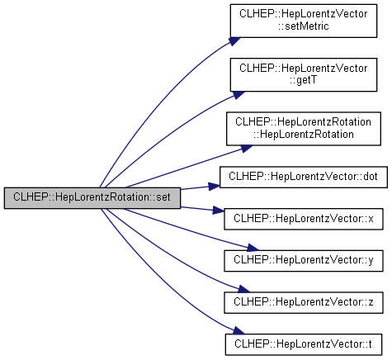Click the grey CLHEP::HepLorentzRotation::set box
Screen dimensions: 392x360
pyautogui.click(x=92, y=198)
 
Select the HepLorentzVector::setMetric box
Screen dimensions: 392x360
pyautogui.click(x=304, y=21)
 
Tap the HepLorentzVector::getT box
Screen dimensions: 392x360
pyautogui.click(x=304, y=74)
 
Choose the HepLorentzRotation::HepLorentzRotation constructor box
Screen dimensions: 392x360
pyautogui.click(x=304, y=129)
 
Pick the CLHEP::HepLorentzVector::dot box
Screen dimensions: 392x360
pyautogui.click(x=304, y=177)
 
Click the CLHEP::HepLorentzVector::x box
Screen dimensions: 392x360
pyautogui.click(x=304, y=219)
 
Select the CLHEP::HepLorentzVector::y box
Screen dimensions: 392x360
pyautogui.click(x=304, y=261)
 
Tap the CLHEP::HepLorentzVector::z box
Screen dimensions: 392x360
pyautogui.click(x=304, y=302)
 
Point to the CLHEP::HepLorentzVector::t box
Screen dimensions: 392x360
pyautogui.click(x=304, y=344)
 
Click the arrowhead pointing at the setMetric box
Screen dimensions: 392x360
pyautogui.click(x=234, y=41)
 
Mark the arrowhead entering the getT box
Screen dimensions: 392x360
pyautogui.click(x=239, y=95)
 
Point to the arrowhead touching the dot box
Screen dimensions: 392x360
pyautogui.click(x=214, y=187)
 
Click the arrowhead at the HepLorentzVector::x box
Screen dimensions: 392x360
pyautogui.click(x=219, y=211)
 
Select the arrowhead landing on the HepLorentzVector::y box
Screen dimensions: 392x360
pyautogui.click(x=253, y=248)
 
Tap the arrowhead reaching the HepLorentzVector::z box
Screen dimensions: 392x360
pyautogui.click(x=243, y=289)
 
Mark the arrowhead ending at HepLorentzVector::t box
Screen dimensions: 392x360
pyautogui.click(x=239, y=330)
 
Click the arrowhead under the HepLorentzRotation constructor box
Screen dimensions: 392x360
pyautogui.click(x=247, y=149)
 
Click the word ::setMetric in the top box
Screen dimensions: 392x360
pyautogui.click(x=304, y=26)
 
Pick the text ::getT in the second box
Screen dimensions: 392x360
pyautogui.click(x=304, y=80)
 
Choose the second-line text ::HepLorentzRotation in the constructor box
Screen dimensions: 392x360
pyautogui.click(x=304, y=135)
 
